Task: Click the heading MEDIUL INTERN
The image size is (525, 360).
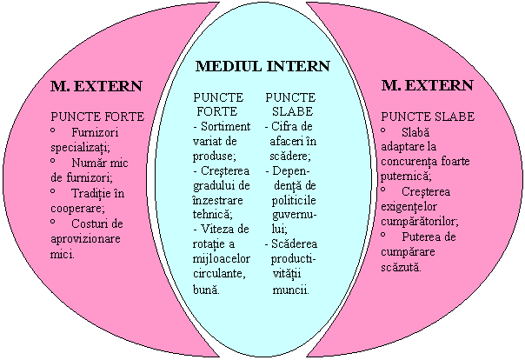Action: click(262, 66)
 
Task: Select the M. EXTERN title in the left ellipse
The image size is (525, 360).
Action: click(96, 86)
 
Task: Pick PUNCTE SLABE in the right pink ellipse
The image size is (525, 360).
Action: click(427, 116)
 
